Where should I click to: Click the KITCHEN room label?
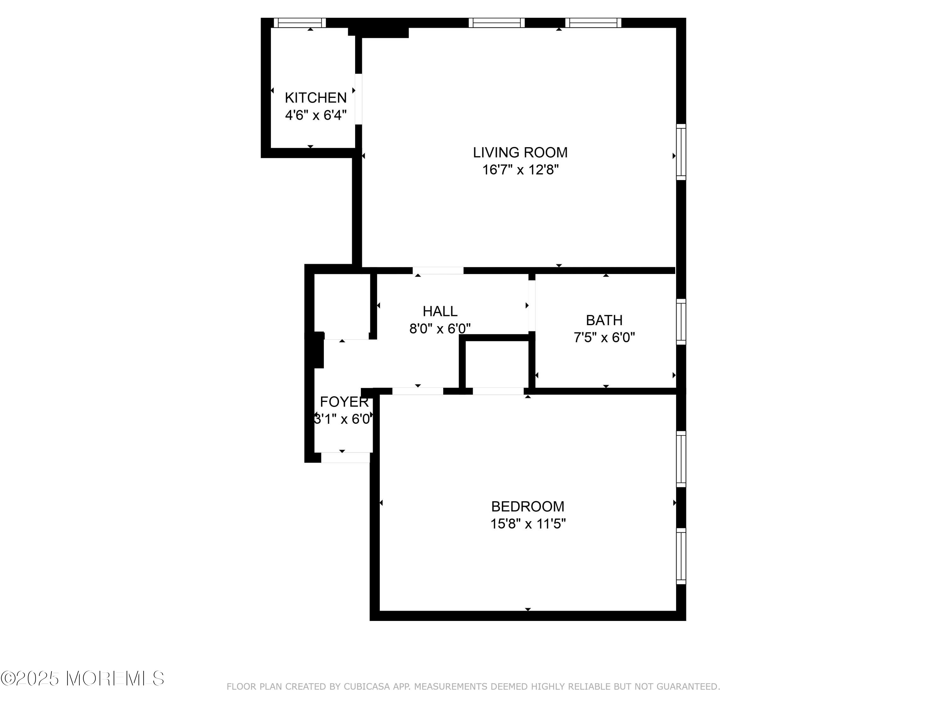point(316,98)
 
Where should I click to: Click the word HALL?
point(440,311)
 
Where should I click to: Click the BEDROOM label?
point(527,507)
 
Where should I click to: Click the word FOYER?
point(344,402)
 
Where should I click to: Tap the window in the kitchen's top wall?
point(300,23)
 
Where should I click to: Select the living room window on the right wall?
point(681,152)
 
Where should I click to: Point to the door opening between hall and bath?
point(531,306)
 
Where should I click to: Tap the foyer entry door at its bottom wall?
point(345,458)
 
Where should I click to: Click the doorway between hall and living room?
point(438,270)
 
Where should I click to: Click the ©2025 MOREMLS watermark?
point(82,678)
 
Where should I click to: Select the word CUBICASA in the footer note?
point(367,687)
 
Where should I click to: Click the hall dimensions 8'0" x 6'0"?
point(440,329)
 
